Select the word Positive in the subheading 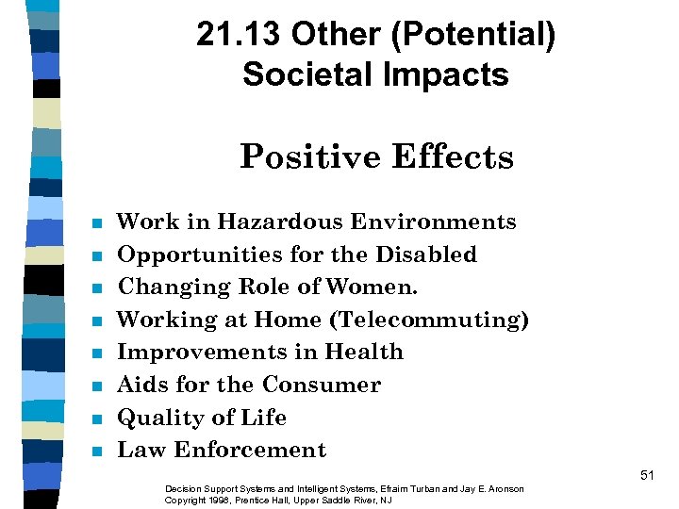point(306,156)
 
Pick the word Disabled point(429,254)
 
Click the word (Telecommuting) point(429,320)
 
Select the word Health point(364,353)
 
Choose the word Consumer point(322,386)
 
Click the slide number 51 point(646,476)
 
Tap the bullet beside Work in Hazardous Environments point(96,224)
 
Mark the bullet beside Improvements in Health point(96,354)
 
